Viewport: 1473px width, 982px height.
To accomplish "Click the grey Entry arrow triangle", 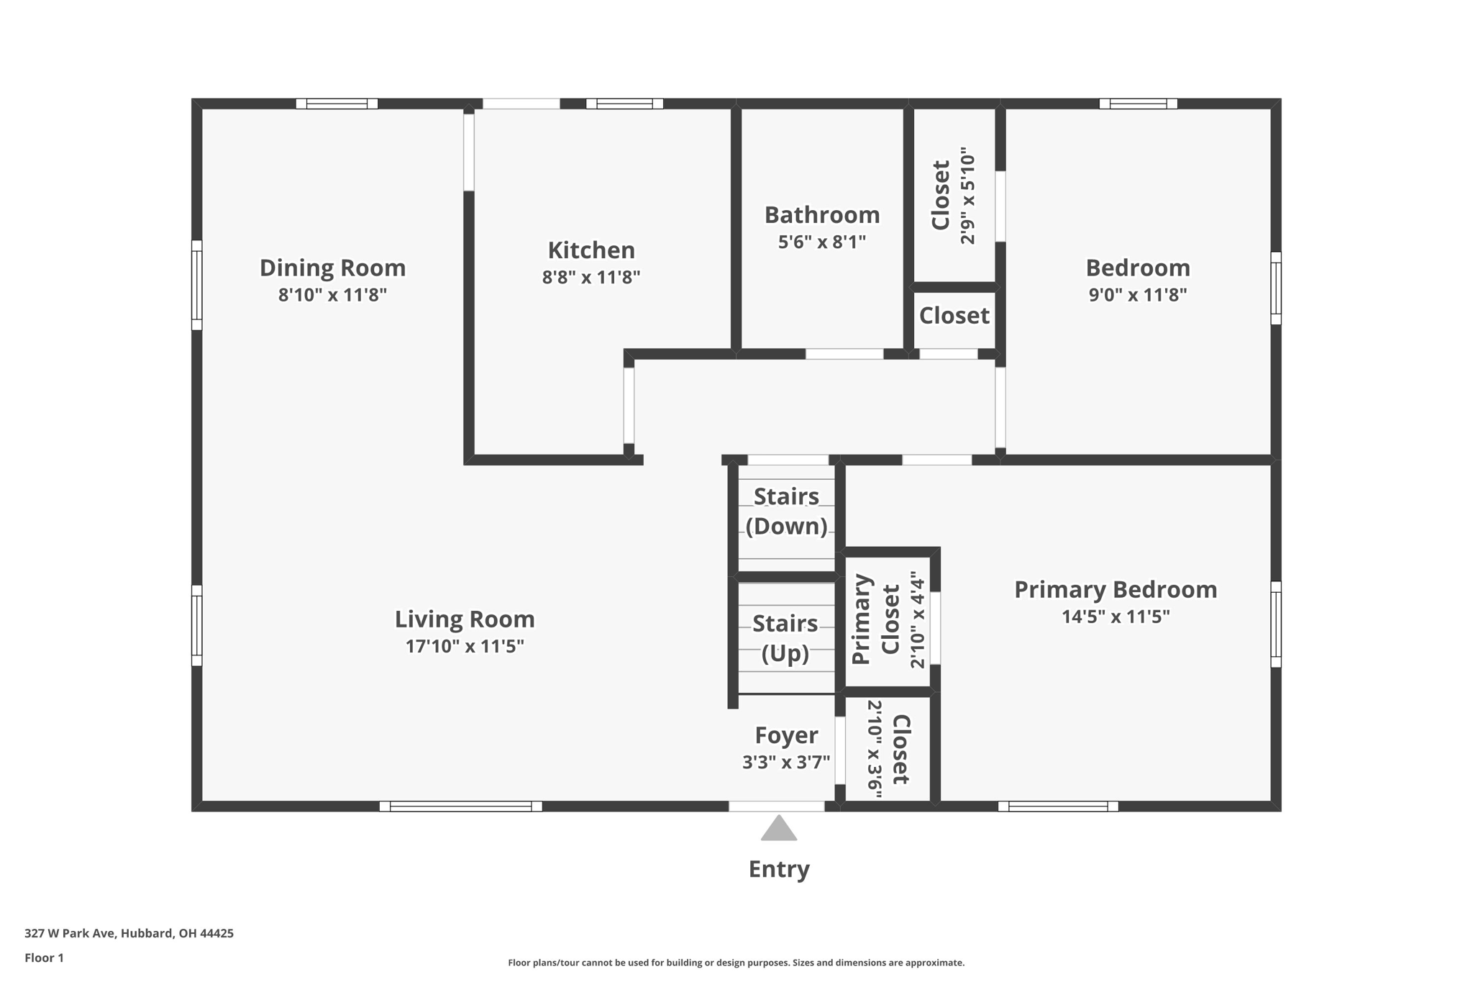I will (778, 829).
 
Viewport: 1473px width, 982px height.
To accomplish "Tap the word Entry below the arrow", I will (779, 869).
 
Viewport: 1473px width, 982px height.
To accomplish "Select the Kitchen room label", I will (591, 250).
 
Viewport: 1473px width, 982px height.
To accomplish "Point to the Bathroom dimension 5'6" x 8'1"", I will (821, 242).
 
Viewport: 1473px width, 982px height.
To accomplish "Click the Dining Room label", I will (332, 268).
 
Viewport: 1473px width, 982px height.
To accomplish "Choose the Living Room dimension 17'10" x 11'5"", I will (465, 646).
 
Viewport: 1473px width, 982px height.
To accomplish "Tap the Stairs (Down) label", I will (786, 511).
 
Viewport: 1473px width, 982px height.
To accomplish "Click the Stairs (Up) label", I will (785, 637).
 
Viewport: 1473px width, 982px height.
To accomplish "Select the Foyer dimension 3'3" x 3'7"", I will (786, 762).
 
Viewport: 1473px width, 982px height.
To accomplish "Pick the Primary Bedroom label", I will (1116, 589).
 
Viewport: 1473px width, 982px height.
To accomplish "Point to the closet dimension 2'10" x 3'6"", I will (875, 749).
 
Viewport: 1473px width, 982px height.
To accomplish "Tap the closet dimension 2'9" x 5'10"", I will (968, 196).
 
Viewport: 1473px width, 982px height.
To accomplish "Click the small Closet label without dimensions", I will (954, 315).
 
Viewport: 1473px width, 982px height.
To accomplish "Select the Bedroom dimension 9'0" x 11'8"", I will (1137, 294).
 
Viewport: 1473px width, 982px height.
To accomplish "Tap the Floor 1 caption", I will (44, 958).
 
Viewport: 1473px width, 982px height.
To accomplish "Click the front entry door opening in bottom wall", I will (777, 806).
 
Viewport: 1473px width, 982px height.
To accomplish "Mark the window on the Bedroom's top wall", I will (1138, 104).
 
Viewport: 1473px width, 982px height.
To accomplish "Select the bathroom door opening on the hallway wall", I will (844, 354).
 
